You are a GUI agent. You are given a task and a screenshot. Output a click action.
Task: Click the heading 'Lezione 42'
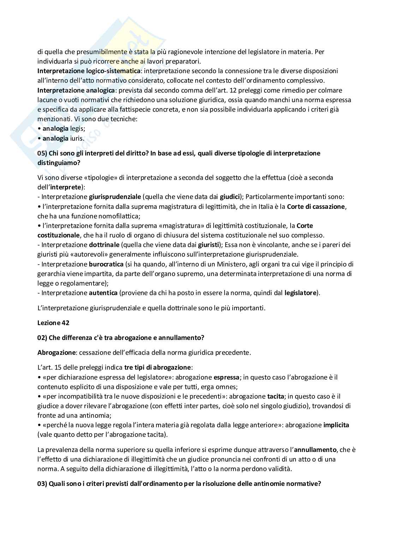(53, 323)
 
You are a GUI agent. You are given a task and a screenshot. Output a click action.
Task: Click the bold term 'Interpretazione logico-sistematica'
(89, 71)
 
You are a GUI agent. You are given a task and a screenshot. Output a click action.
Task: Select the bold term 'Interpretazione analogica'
(76, 90)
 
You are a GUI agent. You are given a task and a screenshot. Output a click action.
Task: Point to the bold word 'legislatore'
(300, 293)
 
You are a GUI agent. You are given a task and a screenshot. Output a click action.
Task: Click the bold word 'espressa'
(227, 377)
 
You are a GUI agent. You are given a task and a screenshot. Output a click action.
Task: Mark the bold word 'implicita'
(336, 425)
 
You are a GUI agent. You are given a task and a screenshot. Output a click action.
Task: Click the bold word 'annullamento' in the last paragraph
(315, 450)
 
